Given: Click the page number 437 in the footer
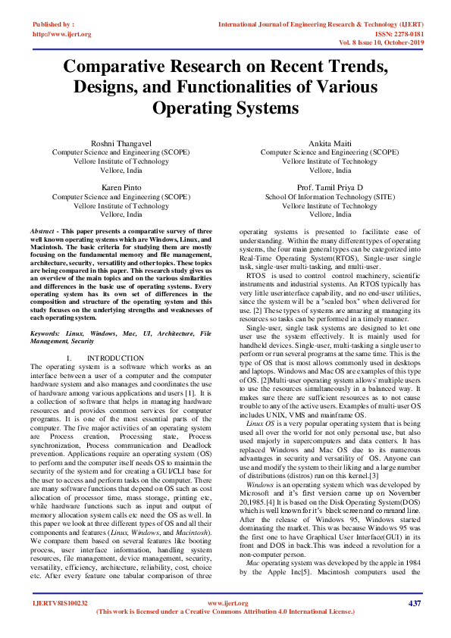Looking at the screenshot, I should click(x=414, y=603).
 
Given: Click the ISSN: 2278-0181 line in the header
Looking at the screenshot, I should click(x=396, y=34).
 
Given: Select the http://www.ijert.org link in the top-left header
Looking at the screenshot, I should click(x=61, y=34).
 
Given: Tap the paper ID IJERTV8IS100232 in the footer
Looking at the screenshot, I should click(x=60, y=603).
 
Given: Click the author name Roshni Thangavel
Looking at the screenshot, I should click(x=121, y=142).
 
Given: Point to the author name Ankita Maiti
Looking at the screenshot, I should click(x=330, y=142).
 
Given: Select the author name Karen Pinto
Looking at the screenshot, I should click(x=121, y=186).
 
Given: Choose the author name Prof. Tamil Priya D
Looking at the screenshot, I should click(x=330, y=186).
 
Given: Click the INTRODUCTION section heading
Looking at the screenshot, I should click(x=115, y=358).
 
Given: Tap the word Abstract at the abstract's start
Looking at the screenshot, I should click(x=43, y=230).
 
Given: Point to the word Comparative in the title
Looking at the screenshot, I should click(x=121, y=67).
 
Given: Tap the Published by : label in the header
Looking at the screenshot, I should click(x=53, y=25).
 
